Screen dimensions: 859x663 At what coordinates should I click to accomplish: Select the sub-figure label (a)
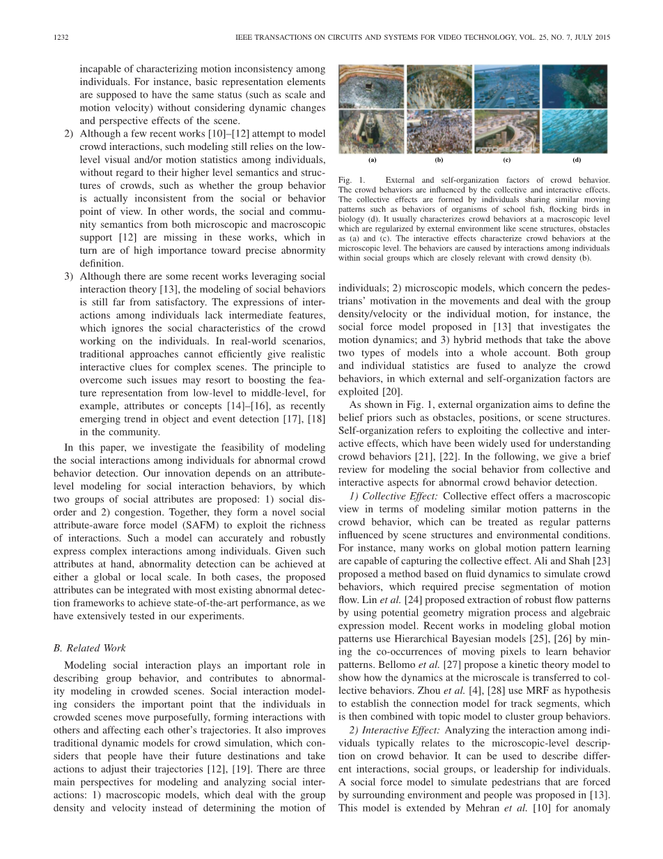[372, 160]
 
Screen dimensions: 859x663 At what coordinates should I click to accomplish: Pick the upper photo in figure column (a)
[371, 86]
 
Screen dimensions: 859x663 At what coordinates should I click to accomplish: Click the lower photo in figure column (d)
[575, 131]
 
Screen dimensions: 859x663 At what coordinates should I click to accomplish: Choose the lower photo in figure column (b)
[439, 131]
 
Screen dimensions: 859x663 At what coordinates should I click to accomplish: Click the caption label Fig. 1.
[348, 180]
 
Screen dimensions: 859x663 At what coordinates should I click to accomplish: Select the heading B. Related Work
[90, 648]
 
